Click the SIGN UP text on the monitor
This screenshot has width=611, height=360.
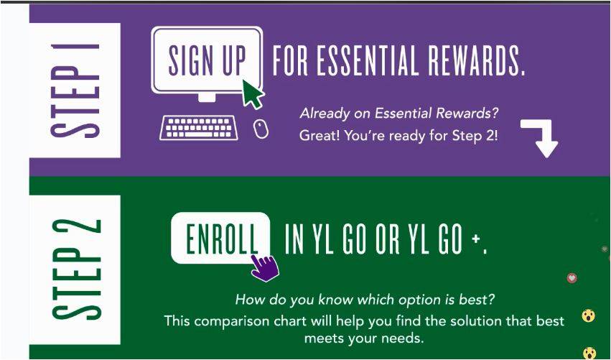click(x=207, y=61)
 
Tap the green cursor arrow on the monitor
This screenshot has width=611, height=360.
click(x=253, y=93)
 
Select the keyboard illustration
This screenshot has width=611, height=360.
click(x=199, y=128)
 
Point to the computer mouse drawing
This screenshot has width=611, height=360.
click(x=261, y=129)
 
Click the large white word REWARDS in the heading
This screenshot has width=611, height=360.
click(x=476, y=61)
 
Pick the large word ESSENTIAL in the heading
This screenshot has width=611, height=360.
click(x=368, y=61)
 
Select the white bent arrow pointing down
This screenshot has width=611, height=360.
click(x=541, y=137)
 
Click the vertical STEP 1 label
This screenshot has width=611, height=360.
click(x=75, y=91)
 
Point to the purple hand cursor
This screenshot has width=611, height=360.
click(x=265, y=267)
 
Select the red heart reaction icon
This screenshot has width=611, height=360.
click(x=572, y=278)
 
